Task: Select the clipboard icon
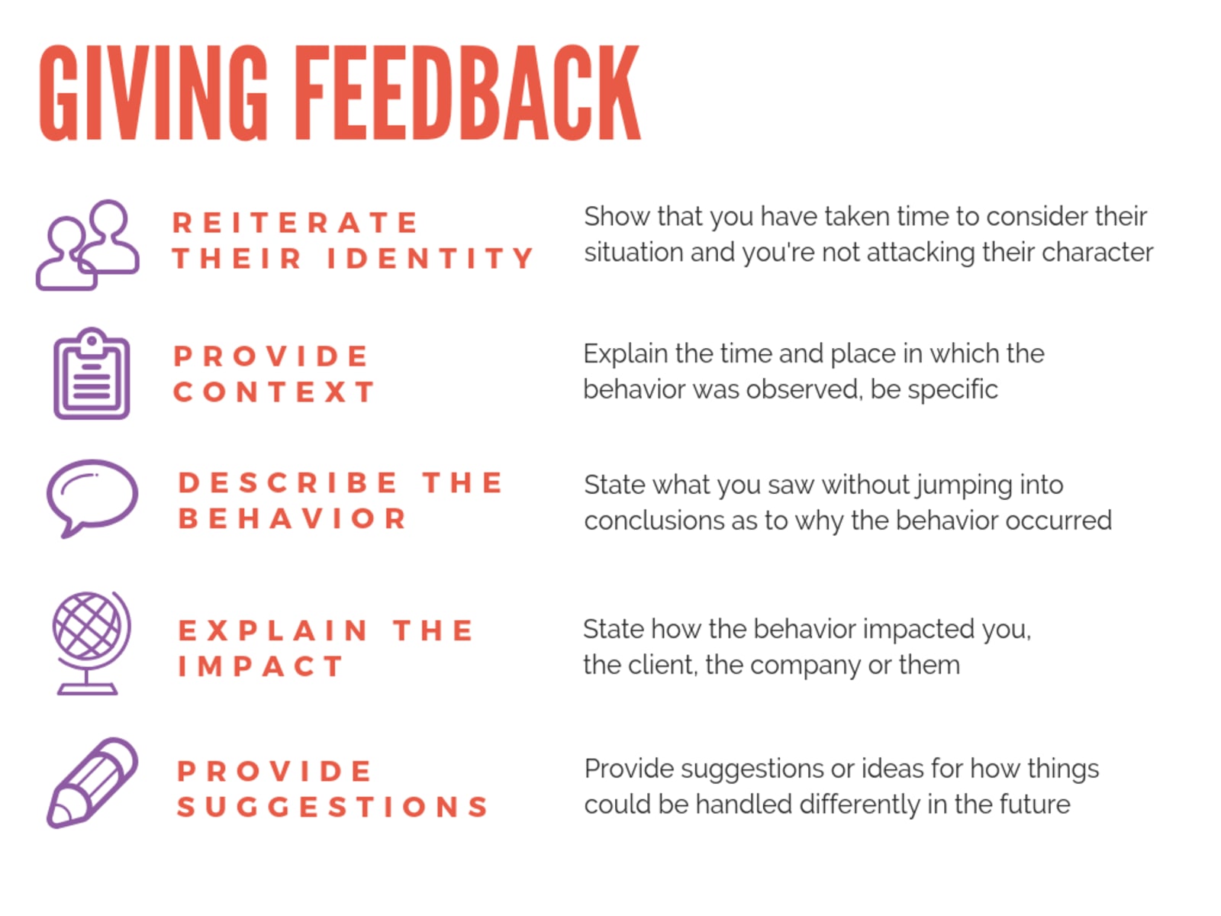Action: pyautogui.click(x=92, y=374)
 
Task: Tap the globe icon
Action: pyautogui.click(x=90, y=641)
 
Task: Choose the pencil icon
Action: pyautogui.click(x=92, y=783)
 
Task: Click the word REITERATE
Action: pyautogui.click(x=295, y=223)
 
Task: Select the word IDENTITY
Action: pyautogui.click(x=430, y=259)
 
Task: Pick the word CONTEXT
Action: pyautogui.click(x=274, y=392)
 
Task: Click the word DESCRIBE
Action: pyautogui.click(x=288, y=482)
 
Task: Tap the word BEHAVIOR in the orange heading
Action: pyautogui.click(x=292, y=519)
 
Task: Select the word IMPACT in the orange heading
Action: pyautogui.click(x=260, y=666)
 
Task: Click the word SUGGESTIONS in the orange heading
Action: pyautogui.click(x=333, y=807)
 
